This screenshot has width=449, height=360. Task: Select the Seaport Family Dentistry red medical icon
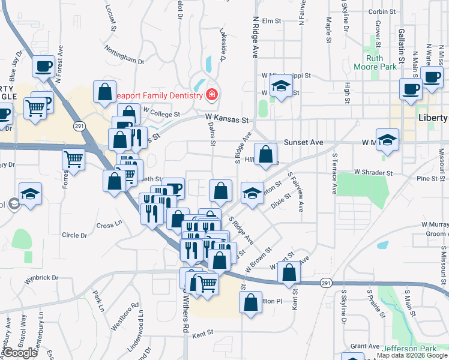click(211, 95)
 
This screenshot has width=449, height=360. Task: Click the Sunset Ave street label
click(304, 142)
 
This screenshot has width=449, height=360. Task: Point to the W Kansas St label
click(226, 119)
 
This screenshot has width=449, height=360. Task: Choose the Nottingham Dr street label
click(124, 54)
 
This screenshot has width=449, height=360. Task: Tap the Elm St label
click(271, 21)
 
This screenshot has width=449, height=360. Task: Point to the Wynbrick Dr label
click(41, 278)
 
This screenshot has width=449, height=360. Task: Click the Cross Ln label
click(109, 225)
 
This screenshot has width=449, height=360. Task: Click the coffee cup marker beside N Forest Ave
click(43, 66)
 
